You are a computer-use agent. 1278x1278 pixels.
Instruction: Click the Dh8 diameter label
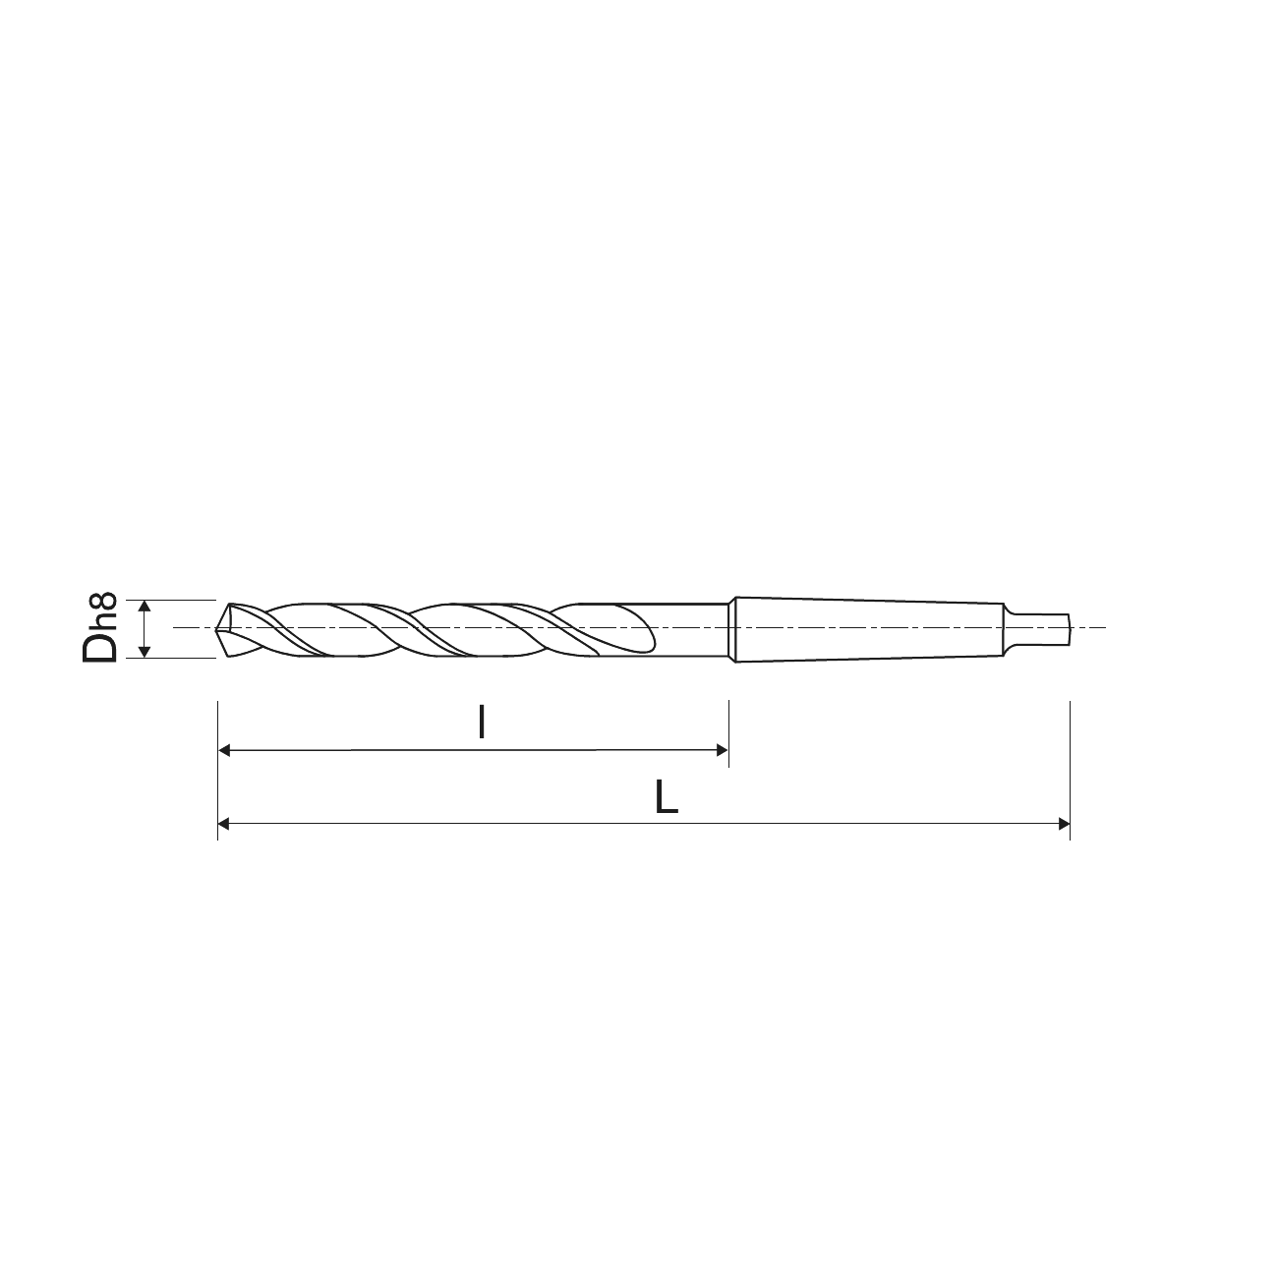click(x=99, y=628)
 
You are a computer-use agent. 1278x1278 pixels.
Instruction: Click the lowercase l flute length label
click(x=482, y=723)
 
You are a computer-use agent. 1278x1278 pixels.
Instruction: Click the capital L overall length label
click(x=666, y=796)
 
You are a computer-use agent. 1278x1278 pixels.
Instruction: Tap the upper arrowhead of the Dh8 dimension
click(x=145, y=606)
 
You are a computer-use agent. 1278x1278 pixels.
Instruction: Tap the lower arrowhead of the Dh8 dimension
click(x=145, y=652)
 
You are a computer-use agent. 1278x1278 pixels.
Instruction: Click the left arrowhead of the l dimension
click(x=224, y=751)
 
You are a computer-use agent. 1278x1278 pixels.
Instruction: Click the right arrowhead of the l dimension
click(x=723, y=750)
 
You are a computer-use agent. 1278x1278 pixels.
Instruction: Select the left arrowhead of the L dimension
click(x=224, y=825)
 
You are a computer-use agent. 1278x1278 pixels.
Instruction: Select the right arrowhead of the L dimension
click(x=1064, y=825)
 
